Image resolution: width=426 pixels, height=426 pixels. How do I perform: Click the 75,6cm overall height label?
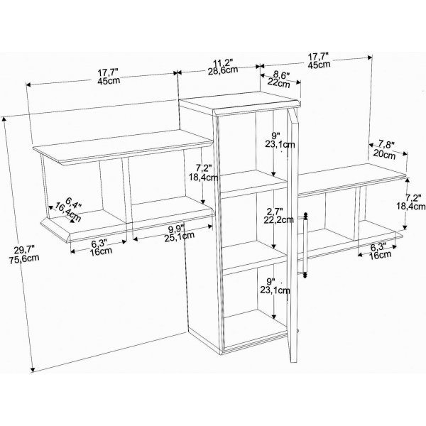coord(24,258)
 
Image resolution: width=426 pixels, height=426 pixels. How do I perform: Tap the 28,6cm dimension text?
coord(223,70)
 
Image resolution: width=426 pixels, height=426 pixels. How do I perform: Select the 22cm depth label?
coord(279,82)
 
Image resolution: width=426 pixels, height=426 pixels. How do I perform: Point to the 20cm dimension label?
coord(384,154)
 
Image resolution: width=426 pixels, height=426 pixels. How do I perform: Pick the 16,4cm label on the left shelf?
coord(68,212)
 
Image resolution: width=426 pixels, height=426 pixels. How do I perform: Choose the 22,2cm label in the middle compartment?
coord(279,219)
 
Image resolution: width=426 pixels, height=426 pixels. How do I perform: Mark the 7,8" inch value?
coord(386,145)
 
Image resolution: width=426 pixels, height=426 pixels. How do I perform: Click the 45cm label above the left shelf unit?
coord(109,81)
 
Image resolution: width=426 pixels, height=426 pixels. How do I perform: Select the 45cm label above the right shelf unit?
coord(319,65)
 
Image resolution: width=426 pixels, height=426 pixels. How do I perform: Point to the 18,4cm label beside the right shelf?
coord(411,207)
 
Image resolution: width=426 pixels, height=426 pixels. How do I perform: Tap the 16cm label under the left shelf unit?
coord(101,251)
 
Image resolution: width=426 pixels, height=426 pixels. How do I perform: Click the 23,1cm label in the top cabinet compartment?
coord(280,145)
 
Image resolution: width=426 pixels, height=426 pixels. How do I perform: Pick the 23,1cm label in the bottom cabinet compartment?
coord(275,290)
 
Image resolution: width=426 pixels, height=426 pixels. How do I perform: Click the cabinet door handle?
coord(305,245)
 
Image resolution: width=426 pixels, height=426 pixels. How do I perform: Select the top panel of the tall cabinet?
coord(240,102)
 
